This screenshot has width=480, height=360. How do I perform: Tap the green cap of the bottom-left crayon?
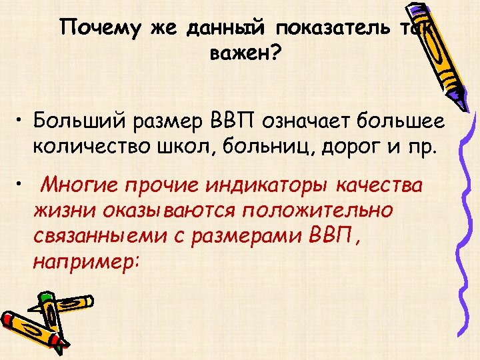pos(45,298)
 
